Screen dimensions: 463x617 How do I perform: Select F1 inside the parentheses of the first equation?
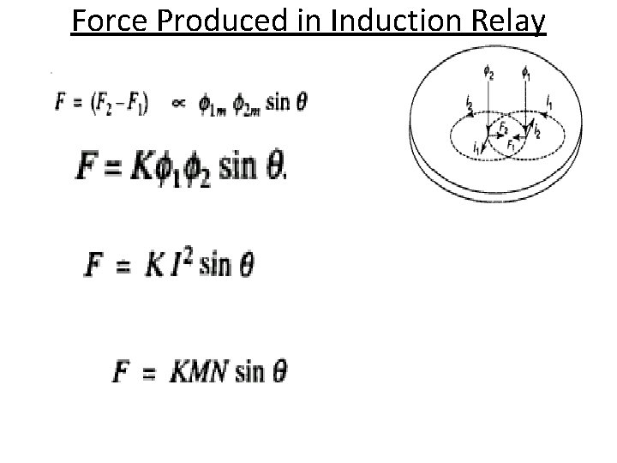coord(135,105)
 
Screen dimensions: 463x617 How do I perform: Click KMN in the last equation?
coord(195,372)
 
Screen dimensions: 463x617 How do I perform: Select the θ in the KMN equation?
coord(279,372)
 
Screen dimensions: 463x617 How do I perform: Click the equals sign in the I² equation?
coord(128,263)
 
